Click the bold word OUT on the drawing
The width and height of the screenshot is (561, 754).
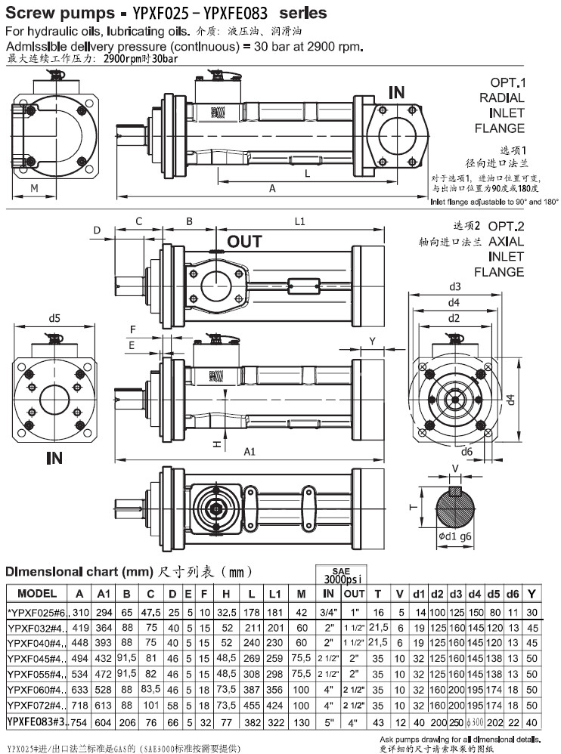[245, 242]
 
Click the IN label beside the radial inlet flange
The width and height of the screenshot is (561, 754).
[396, 93]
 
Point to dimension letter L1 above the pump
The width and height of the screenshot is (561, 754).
[299, 221]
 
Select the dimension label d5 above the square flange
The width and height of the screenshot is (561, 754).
[54, 318]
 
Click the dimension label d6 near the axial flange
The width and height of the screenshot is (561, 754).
[466, 452]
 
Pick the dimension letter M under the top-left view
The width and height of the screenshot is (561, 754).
[34, 187]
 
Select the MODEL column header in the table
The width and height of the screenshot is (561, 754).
[37, 593]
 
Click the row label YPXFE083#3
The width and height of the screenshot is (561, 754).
[37, 721]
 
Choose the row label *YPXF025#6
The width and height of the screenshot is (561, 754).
[37, 611]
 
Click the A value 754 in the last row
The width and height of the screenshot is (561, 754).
[79, 721]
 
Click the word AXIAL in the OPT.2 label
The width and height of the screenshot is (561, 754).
[506, 242]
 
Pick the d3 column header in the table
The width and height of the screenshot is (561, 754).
[456, 593]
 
